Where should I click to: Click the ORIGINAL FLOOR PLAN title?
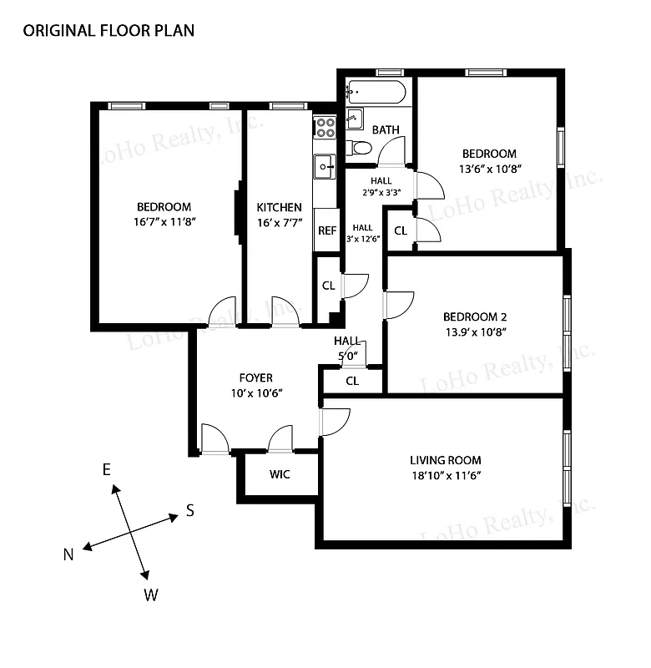click(108, 31)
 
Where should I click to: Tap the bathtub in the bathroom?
click(376, 91)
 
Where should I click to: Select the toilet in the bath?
click(360, 149)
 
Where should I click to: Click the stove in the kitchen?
click(324, 128)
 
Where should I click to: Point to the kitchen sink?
click(323, 167)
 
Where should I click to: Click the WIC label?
click(279, 475)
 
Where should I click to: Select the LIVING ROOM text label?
click(445, 460)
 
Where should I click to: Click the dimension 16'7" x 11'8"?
click(164, 223)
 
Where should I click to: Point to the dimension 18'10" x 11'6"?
click(445, 475)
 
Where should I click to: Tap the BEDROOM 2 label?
click(475, 316)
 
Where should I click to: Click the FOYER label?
click(255, 378)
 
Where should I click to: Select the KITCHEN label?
click(279, 207)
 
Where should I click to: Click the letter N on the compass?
click(69, 554)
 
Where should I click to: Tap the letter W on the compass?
click(151, 595)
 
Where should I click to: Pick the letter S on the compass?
click(189, 511)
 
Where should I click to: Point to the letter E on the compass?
click(107, 470)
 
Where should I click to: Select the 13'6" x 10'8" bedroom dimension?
click(489, 169)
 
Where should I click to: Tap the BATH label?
click(385, 129)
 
